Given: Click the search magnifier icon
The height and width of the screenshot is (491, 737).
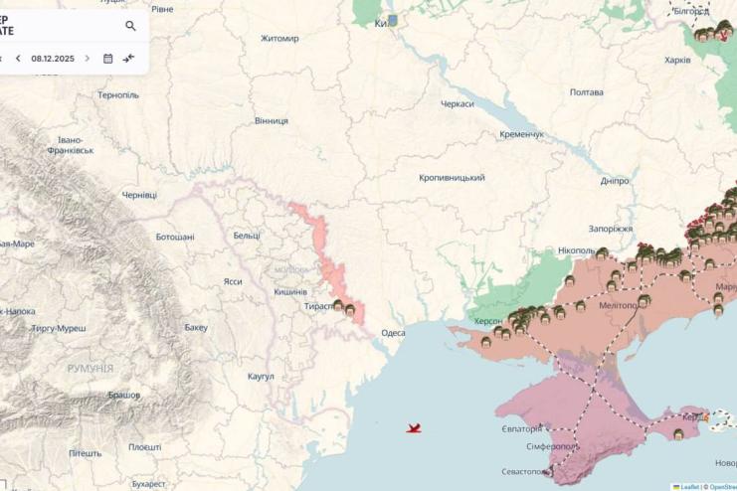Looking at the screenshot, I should [x=130, y=26].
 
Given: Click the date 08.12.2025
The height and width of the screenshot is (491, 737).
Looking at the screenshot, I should [x=53, y=59].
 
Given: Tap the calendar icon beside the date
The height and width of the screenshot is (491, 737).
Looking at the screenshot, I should [x=108, y=59].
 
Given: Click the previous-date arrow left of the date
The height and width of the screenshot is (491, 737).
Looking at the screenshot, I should [x=18, y=59].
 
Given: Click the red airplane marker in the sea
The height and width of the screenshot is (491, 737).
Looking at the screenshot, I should [x=414, y=428].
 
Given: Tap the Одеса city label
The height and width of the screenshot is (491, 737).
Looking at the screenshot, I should [x=393, y=333].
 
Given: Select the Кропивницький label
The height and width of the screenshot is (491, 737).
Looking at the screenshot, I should [x=452, y=178].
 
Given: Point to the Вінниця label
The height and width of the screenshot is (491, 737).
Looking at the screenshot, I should [x=272, y=121].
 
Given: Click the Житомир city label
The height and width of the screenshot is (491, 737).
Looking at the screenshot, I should [x=279, y=39].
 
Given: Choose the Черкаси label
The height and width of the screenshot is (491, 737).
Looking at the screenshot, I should [x=458, y=103].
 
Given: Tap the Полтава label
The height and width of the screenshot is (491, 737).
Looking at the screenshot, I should [x=587, y=92].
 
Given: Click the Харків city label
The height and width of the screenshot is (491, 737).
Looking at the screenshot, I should [x=677, y=61].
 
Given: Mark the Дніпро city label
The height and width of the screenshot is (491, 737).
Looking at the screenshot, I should [x=615, y=182].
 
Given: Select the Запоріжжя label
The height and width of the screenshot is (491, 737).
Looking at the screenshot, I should [x=611, y=229].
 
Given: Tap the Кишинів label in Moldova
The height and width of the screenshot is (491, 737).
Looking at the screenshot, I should [x=290, y=291].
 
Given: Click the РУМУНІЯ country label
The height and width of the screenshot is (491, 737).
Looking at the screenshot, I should [x=91, y=369].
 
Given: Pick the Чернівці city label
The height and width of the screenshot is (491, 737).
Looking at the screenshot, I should [x=139, y=195].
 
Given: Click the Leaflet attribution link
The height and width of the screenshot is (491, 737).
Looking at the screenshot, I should [x=689, y=487].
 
